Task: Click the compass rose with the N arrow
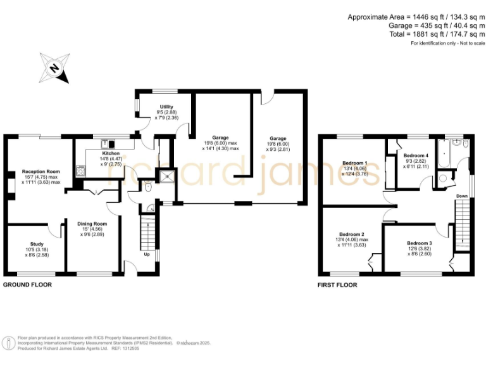(55, 68)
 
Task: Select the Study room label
(36, 243)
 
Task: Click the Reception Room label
(40, 171)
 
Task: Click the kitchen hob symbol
(80, 170)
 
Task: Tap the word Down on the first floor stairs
(463, 196)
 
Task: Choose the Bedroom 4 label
(416, 155)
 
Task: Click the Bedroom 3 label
(420, 243)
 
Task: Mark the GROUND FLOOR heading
(28, 285)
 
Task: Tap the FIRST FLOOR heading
(337, 285)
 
